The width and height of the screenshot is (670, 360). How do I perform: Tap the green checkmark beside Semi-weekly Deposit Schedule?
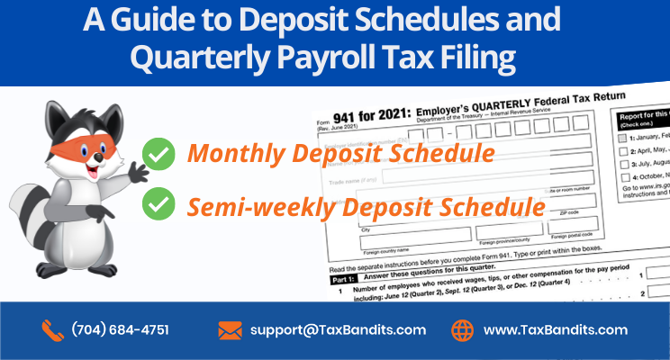[159, 206]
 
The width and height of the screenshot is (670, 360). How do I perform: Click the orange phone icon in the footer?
[51, 330]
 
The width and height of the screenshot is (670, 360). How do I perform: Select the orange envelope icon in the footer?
[230, 330]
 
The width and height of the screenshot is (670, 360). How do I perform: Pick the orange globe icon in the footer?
[461, 330]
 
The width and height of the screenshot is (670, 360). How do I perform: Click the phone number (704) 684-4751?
[120, 330]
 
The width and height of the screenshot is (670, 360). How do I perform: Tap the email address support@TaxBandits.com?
[338, 330]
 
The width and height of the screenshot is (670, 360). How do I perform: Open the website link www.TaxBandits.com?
[556, 330]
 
